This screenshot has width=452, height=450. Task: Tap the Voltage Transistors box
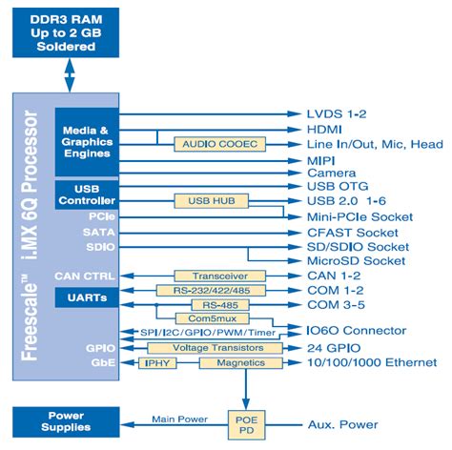click(217, 348)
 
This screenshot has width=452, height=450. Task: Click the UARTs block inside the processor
click(87, 297)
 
